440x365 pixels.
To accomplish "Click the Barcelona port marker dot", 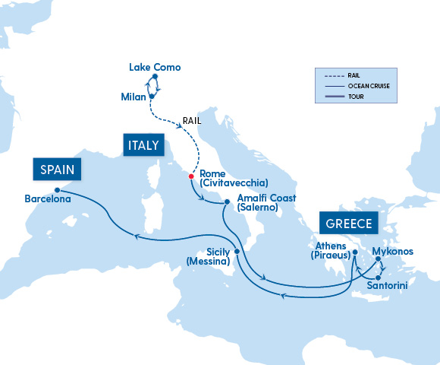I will (58, 190).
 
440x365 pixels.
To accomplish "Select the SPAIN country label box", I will (57, 169).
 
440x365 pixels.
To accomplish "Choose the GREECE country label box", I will (349, 224).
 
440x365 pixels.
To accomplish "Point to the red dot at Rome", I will (191, 178).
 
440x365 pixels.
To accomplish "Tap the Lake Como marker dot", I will (155, 78).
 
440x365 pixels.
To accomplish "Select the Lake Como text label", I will (155, 68).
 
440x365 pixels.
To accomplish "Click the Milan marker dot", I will (152, 97).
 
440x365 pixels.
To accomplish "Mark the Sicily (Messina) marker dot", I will (237, 252).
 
